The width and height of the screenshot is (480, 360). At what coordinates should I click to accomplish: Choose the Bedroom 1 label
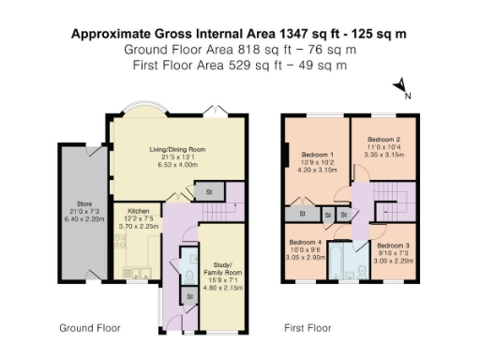pos(315,154)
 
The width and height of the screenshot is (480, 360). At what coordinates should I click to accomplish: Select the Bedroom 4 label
pos(306,242)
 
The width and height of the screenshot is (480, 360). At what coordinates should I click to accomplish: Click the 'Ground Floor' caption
pos(90,329)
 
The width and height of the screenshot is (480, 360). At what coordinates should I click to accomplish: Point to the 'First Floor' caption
pos(308,329)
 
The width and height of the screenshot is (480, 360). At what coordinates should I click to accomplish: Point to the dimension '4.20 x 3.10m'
pos(315,170)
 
